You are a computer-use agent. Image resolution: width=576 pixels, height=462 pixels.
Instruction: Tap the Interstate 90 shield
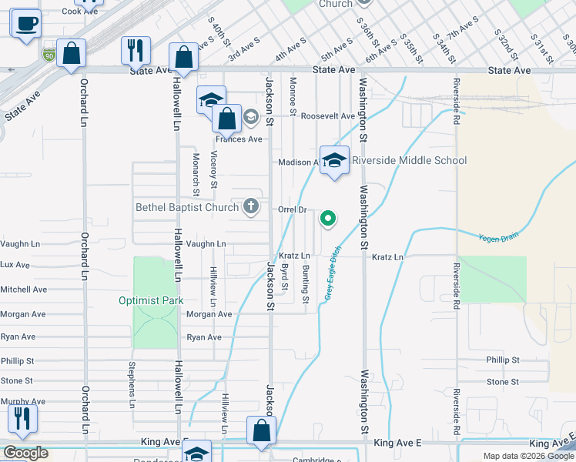tap(49, 55)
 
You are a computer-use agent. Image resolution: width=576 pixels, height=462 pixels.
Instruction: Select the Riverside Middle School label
tap(409, 160)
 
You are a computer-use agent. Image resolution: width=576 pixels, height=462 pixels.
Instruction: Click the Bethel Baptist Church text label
tap(188, 206)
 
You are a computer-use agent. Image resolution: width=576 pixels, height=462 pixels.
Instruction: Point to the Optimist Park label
tap(151, 300)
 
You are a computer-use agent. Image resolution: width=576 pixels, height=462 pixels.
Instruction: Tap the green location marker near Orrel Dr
tap(328, 219)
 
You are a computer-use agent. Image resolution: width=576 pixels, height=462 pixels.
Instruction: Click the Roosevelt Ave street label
tap(328, 116)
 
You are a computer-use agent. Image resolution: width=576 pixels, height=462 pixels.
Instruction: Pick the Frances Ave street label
tap(239, 139)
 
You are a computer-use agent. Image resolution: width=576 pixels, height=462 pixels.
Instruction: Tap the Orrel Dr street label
tap(293, 209)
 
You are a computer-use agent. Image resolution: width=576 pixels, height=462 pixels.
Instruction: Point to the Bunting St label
tap(306, 283)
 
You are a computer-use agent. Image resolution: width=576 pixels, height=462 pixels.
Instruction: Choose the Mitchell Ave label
tap(23, 290)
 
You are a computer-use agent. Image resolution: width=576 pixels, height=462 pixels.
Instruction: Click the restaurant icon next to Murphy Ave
tap(22, 417)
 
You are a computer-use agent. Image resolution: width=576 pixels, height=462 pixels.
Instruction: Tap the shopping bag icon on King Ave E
tap(261, 431)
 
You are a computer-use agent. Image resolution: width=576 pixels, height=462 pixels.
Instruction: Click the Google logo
tap(26, 453)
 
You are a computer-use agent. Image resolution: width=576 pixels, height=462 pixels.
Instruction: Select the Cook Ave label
tap(80, 12)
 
